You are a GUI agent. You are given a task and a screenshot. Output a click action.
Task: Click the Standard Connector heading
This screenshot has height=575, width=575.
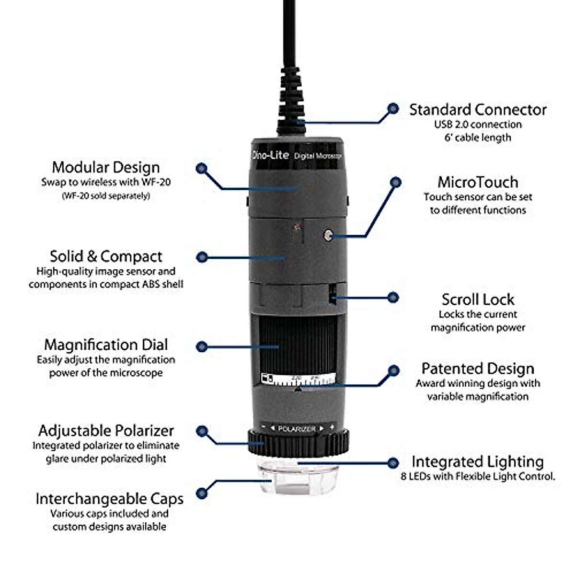477,110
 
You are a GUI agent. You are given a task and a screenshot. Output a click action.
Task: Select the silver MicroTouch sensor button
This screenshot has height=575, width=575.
328,235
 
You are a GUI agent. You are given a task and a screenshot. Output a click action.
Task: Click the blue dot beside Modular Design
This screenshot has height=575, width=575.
202,168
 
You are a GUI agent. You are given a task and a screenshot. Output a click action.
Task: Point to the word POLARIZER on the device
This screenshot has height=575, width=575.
297,429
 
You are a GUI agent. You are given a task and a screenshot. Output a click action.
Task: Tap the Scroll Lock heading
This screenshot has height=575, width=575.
478,299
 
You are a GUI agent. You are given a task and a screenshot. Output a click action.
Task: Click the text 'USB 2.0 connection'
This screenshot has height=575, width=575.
478,125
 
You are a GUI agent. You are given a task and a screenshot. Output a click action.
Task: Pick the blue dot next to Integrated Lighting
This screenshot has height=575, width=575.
393,462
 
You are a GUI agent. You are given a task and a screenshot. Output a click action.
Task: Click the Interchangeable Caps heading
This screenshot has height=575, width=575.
109,499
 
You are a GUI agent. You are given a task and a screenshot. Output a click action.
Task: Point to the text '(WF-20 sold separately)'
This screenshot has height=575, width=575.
106,196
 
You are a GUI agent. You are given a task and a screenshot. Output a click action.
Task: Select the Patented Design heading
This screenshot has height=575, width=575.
478,369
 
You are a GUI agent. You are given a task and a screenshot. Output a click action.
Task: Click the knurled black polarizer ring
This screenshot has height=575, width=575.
298,443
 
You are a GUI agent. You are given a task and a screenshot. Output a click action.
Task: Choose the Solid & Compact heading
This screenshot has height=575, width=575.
106,256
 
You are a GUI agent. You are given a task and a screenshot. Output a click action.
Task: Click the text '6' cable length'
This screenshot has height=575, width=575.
478,138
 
